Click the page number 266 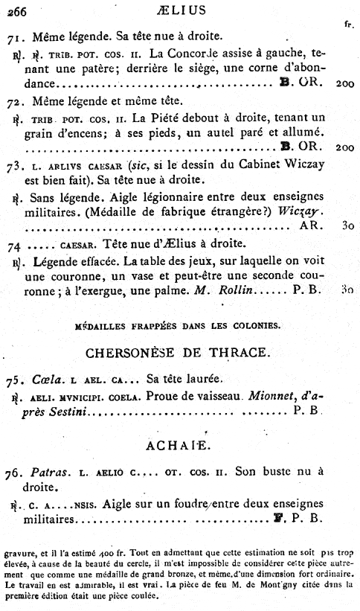[16, 10]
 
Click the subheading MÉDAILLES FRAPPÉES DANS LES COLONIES [177, 324]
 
